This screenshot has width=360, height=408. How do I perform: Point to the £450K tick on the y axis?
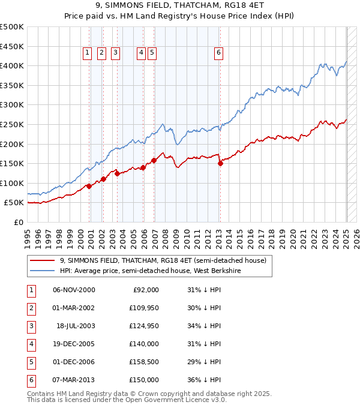point(12,46)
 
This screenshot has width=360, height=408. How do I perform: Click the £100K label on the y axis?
point(12,183)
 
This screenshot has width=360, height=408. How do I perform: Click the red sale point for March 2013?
point(220,163)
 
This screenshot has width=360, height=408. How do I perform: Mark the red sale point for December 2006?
point(154,160)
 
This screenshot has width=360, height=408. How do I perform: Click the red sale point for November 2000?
point(89,186)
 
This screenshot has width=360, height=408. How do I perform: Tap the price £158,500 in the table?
point(144,362)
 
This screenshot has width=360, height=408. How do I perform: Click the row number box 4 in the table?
point(31,344)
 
